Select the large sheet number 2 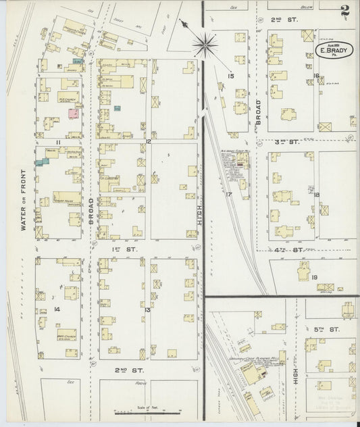[x=346, y=11]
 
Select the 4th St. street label [x=295, y=250]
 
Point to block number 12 [x=147, y=142]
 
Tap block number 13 [x=147, y=309]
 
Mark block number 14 [x=58, y=309]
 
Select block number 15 [x=230, y=76]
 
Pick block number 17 [x=230, y=195]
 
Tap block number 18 [x=316, y=195]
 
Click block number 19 [x=314, y=278]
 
